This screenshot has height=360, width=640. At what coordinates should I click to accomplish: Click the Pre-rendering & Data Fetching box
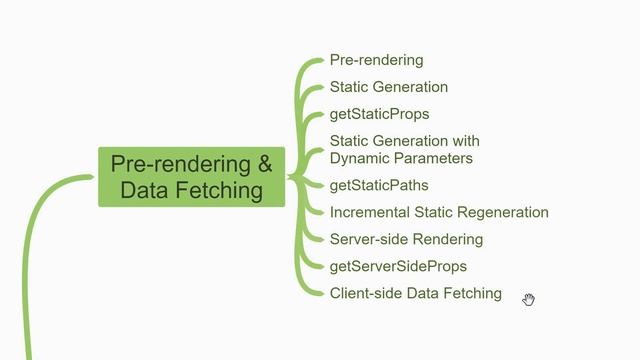191,176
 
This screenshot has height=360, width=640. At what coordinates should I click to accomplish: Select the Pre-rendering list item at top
376,60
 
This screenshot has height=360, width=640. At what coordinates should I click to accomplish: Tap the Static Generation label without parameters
388,87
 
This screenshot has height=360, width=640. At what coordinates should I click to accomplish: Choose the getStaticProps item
379,114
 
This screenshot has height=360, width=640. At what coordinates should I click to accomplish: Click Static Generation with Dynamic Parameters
404,149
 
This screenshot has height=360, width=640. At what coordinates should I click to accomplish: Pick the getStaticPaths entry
379,185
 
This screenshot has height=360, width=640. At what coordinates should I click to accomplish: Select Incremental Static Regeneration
439,212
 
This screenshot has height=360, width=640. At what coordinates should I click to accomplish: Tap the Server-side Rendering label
406,239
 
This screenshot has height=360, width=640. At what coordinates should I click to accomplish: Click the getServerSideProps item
398,266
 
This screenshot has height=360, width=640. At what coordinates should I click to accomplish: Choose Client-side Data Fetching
415,293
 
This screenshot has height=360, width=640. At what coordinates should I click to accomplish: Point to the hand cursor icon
528,299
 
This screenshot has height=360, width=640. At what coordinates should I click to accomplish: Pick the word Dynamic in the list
358,158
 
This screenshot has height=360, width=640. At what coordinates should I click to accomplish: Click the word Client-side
365,293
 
